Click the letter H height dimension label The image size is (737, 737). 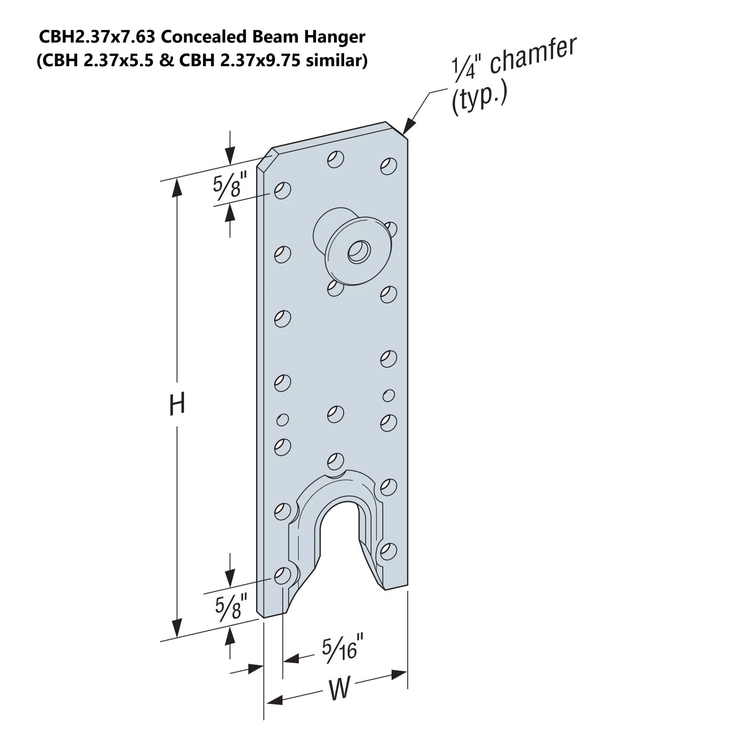coord(177,404)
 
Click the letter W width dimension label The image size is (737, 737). coord(339,689)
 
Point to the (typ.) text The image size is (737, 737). coord(479,98)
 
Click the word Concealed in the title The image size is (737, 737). coord(206,37)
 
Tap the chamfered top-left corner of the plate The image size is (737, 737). coord(265,159)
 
